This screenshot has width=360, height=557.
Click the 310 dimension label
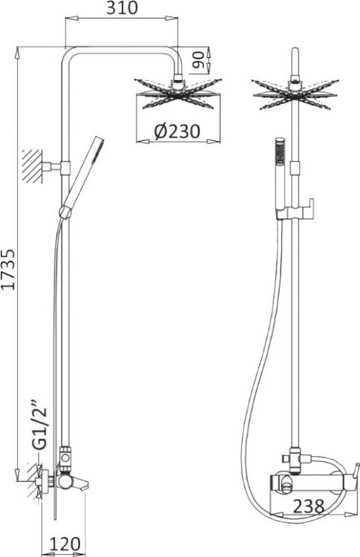coord(122,8)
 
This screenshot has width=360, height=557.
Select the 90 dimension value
coord(199,59)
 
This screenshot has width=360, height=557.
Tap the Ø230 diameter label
coord(177,131)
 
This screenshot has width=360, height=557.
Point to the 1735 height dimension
coord(8,270)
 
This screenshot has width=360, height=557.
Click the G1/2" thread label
coord(39,426)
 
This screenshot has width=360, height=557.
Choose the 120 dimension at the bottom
coord(65,544)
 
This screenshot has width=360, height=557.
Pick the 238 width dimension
coord(308,506)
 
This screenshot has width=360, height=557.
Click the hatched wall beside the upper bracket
coord(32,166)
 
